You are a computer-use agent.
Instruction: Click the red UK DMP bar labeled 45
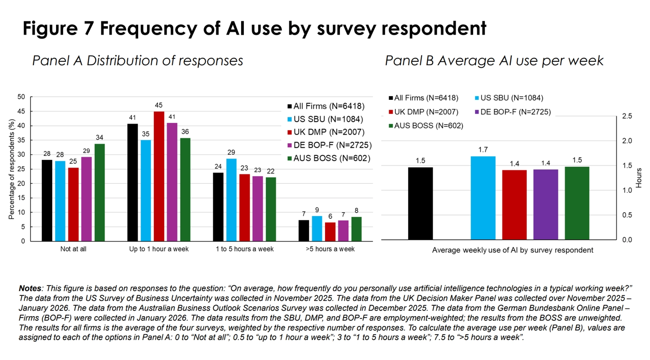[159, 176]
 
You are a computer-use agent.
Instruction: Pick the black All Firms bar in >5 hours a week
[304, 230]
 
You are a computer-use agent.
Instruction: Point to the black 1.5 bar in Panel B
[420, 203]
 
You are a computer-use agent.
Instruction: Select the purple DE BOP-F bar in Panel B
[545, 204]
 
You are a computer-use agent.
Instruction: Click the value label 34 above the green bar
[99, 138]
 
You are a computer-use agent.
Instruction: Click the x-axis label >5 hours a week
[330, 249]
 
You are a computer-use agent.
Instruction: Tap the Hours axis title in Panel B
[639, 178]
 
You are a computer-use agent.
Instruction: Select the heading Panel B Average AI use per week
[494, 61]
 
